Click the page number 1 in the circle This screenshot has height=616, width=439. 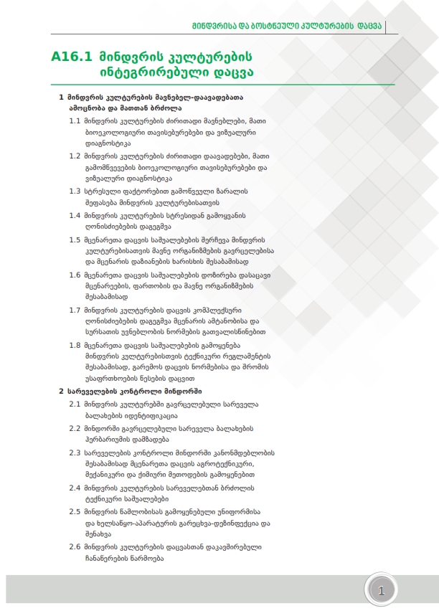pyautogui.click(x=381, y=591)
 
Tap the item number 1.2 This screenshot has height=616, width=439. pyautogui.click(x=75, y=155)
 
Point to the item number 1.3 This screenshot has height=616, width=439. pyautogui.click(x=75, y=191)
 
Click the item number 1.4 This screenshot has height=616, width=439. pyautogui.click(x=75, y=215)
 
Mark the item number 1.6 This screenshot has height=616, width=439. pyautogui.click(x=75, y=275)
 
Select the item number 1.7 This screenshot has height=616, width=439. pyautogui.click(x=75, y=310)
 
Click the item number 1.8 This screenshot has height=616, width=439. pyautogui.click(x=75, y=345)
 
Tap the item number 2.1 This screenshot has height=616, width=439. pyautogui.click(x=75, y=404)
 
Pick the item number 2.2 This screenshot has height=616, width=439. pyautogui.click(x=75, y=428)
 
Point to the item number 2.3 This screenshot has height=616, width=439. pyautogui.click(x=75, y=452)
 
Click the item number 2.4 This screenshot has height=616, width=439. pyautogui.click(x=75, y=488)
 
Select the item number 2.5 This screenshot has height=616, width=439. pyautogui.click(x=75, y=511)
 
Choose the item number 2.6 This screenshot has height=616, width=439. pyautogui.click(x=75, y=547)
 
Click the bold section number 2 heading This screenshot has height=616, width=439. pyautogui.click(x=60, y=392)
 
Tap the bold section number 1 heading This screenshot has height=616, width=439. pyautogui.click(x=60, y=96)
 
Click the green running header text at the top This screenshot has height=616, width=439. pyautogui.click(x=288, y=27)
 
